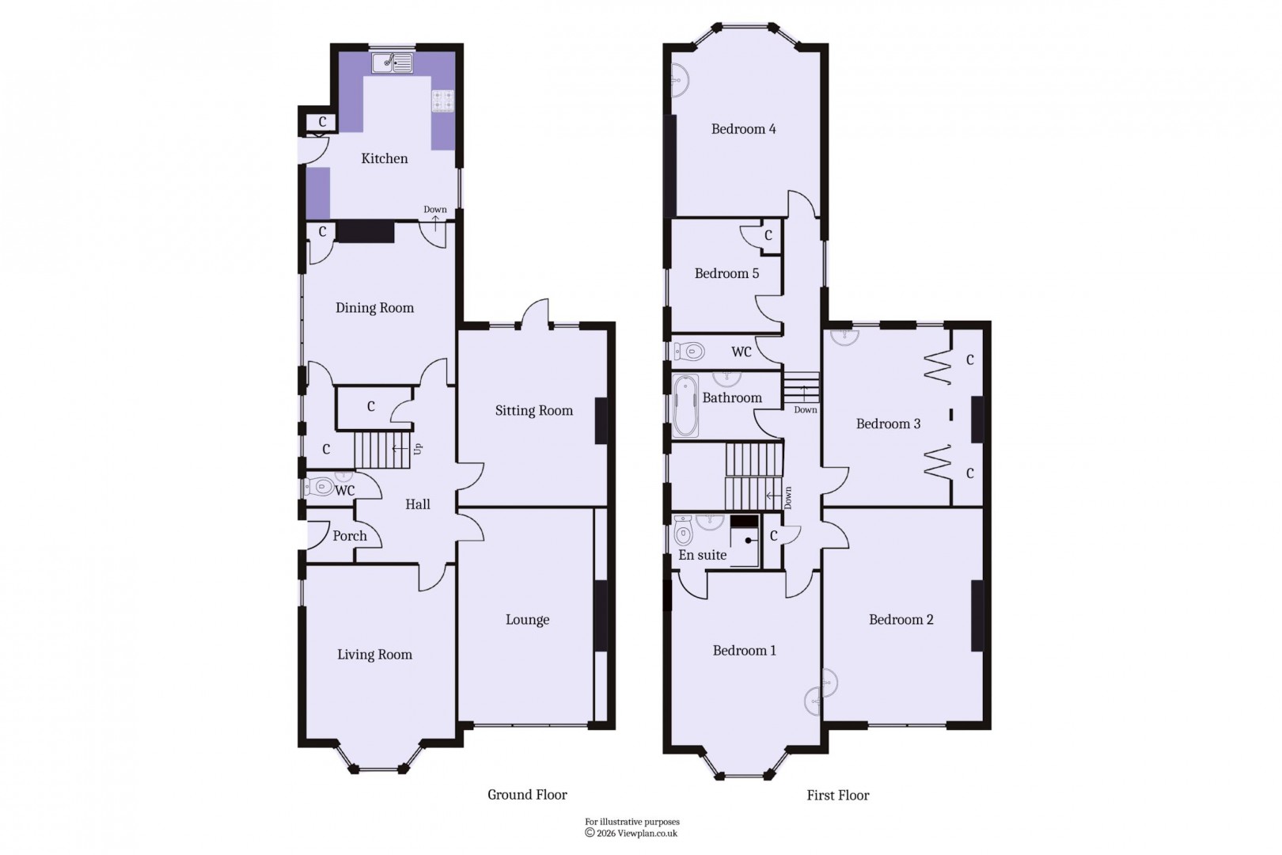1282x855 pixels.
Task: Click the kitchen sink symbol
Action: (394, 62)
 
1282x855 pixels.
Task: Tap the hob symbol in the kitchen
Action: (442, 101)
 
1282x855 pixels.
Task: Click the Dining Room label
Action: (374, 308)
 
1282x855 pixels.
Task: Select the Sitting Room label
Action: (533, 410)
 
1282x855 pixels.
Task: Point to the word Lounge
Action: (527, 620)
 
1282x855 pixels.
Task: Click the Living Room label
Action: (374, 655)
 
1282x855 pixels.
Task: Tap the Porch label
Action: (350, 536)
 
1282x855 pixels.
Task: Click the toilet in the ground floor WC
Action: (320, 487)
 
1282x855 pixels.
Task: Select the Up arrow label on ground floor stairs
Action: (418, 449)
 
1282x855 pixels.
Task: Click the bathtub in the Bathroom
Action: (685, 407)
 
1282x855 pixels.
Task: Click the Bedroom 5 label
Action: (726, 274)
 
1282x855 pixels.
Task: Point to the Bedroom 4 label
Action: (743, 129)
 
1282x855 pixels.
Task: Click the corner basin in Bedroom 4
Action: (679, 80)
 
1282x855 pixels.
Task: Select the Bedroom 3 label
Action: (888, 424)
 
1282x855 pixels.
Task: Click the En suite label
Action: (702, 556)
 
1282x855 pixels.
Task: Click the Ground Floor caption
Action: (527, 795)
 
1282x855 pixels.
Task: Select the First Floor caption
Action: (837, 796)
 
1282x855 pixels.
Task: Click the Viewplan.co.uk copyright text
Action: (632, 833)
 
